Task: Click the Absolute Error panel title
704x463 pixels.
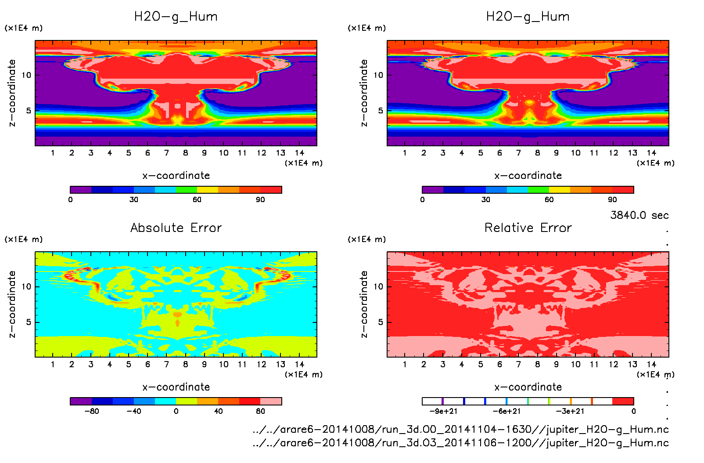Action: click(176, 228)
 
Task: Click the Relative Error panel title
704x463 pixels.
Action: click(528, 228)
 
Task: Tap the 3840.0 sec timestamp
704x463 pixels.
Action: click(639, 215)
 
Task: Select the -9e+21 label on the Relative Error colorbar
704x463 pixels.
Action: click(443, 411)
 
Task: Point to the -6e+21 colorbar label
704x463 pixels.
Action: click(506, 411)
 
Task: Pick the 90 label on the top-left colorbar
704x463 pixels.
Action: click(260, 199)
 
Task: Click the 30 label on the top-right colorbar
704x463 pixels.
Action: click(485, 199)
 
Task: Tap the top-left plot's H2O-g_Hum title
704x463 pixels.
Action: click(176, 17)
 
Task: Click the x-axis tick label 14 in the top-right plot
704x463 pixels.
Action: click(651, 153)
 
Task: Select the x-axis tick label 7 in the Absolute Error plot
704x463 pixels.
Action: click(166, 364)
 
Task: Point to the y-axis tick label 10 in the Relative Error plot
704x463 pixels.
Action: click(378, 286)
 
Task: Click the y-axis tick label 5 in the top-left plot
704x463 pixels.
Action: click(29, 110)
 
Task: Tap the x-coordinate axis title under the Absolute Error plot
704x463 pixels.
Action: click(176, 387)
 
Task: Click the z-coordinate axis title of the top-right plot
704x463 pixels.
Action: click(364, 93)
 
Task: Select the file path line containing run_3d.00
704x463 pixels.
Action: click(460, 429)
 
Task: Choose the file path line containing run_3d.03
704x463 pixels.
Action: click(460, 443)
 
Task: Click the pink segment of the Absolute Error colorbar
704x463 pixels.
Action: click(271, 401)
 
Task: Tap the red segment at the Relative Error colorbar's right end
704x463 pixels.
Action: click(623, 401)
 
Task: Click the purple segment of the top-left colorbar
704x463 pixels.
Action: click(81, 190)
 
